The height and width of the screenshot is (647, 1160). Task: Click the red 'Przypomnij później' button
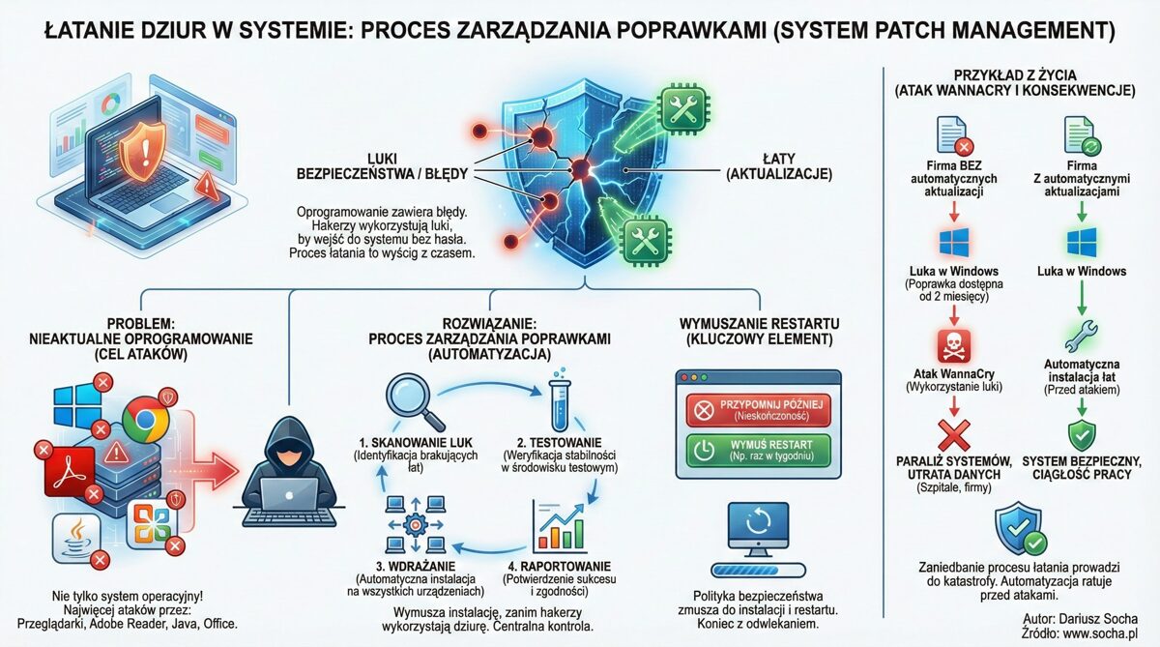point(757,410)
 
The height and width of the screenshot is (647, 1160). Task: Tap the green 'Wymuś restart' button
point(757,449)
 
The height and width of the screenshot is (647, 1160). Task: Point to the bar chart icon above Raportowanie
point(559,528)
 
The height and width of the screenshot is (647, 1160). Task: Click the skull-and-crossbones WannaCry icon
point(953,344)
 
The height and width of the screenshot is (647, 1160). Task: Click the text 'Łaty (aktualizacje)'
point(769,165)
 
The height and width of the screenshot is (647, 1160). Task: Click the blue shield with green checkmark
point(1019,527)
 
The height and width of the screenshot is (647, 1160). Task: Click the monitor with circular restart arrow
point(756,530)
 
